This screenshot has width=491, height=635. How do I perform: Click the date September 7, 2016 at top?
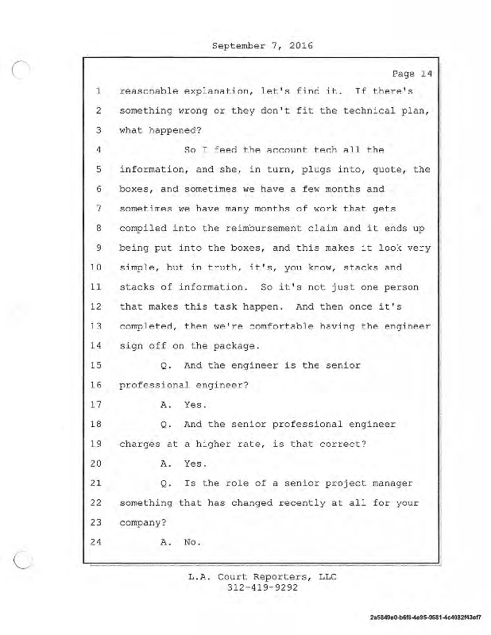point(262,45)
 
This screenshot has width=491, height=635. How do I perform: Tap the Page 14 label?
point(412,74)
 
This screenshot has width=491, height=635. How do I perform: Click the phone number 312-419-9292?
point(262,588)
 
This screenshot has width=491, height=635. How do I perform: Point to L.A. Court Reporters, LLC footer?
point(262,577)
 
